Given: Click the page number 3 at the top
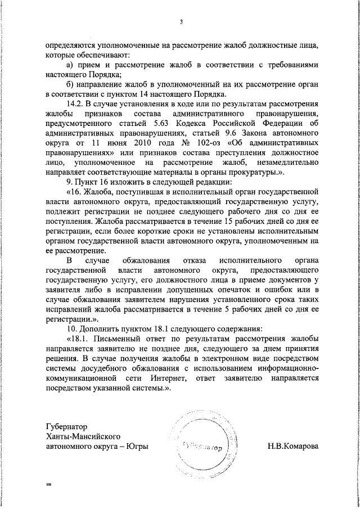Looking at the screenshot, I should point(182,22).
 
